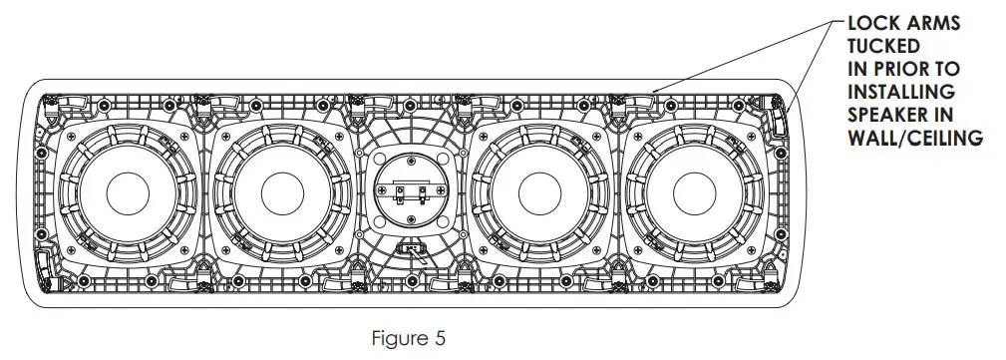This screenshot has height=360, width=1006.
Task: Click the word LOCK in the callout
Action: [873, 24]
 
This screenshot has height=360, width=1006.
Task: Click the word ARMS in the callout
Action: [933, 24]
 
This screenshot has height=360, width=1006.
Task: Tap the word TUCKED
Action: [883, 46]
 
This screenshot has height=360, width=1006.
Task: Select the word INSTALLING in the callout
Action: [901, 92]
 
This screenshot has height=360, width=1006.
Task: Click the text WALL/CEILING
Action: [915, 138]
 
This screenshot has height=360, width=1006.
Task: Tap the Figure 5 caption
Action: [408, 338]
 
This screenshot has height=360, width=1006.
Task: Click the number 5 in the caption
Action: [439, 338]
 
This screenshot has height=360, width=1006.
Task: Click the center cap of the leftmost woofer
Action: [128, 193]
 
